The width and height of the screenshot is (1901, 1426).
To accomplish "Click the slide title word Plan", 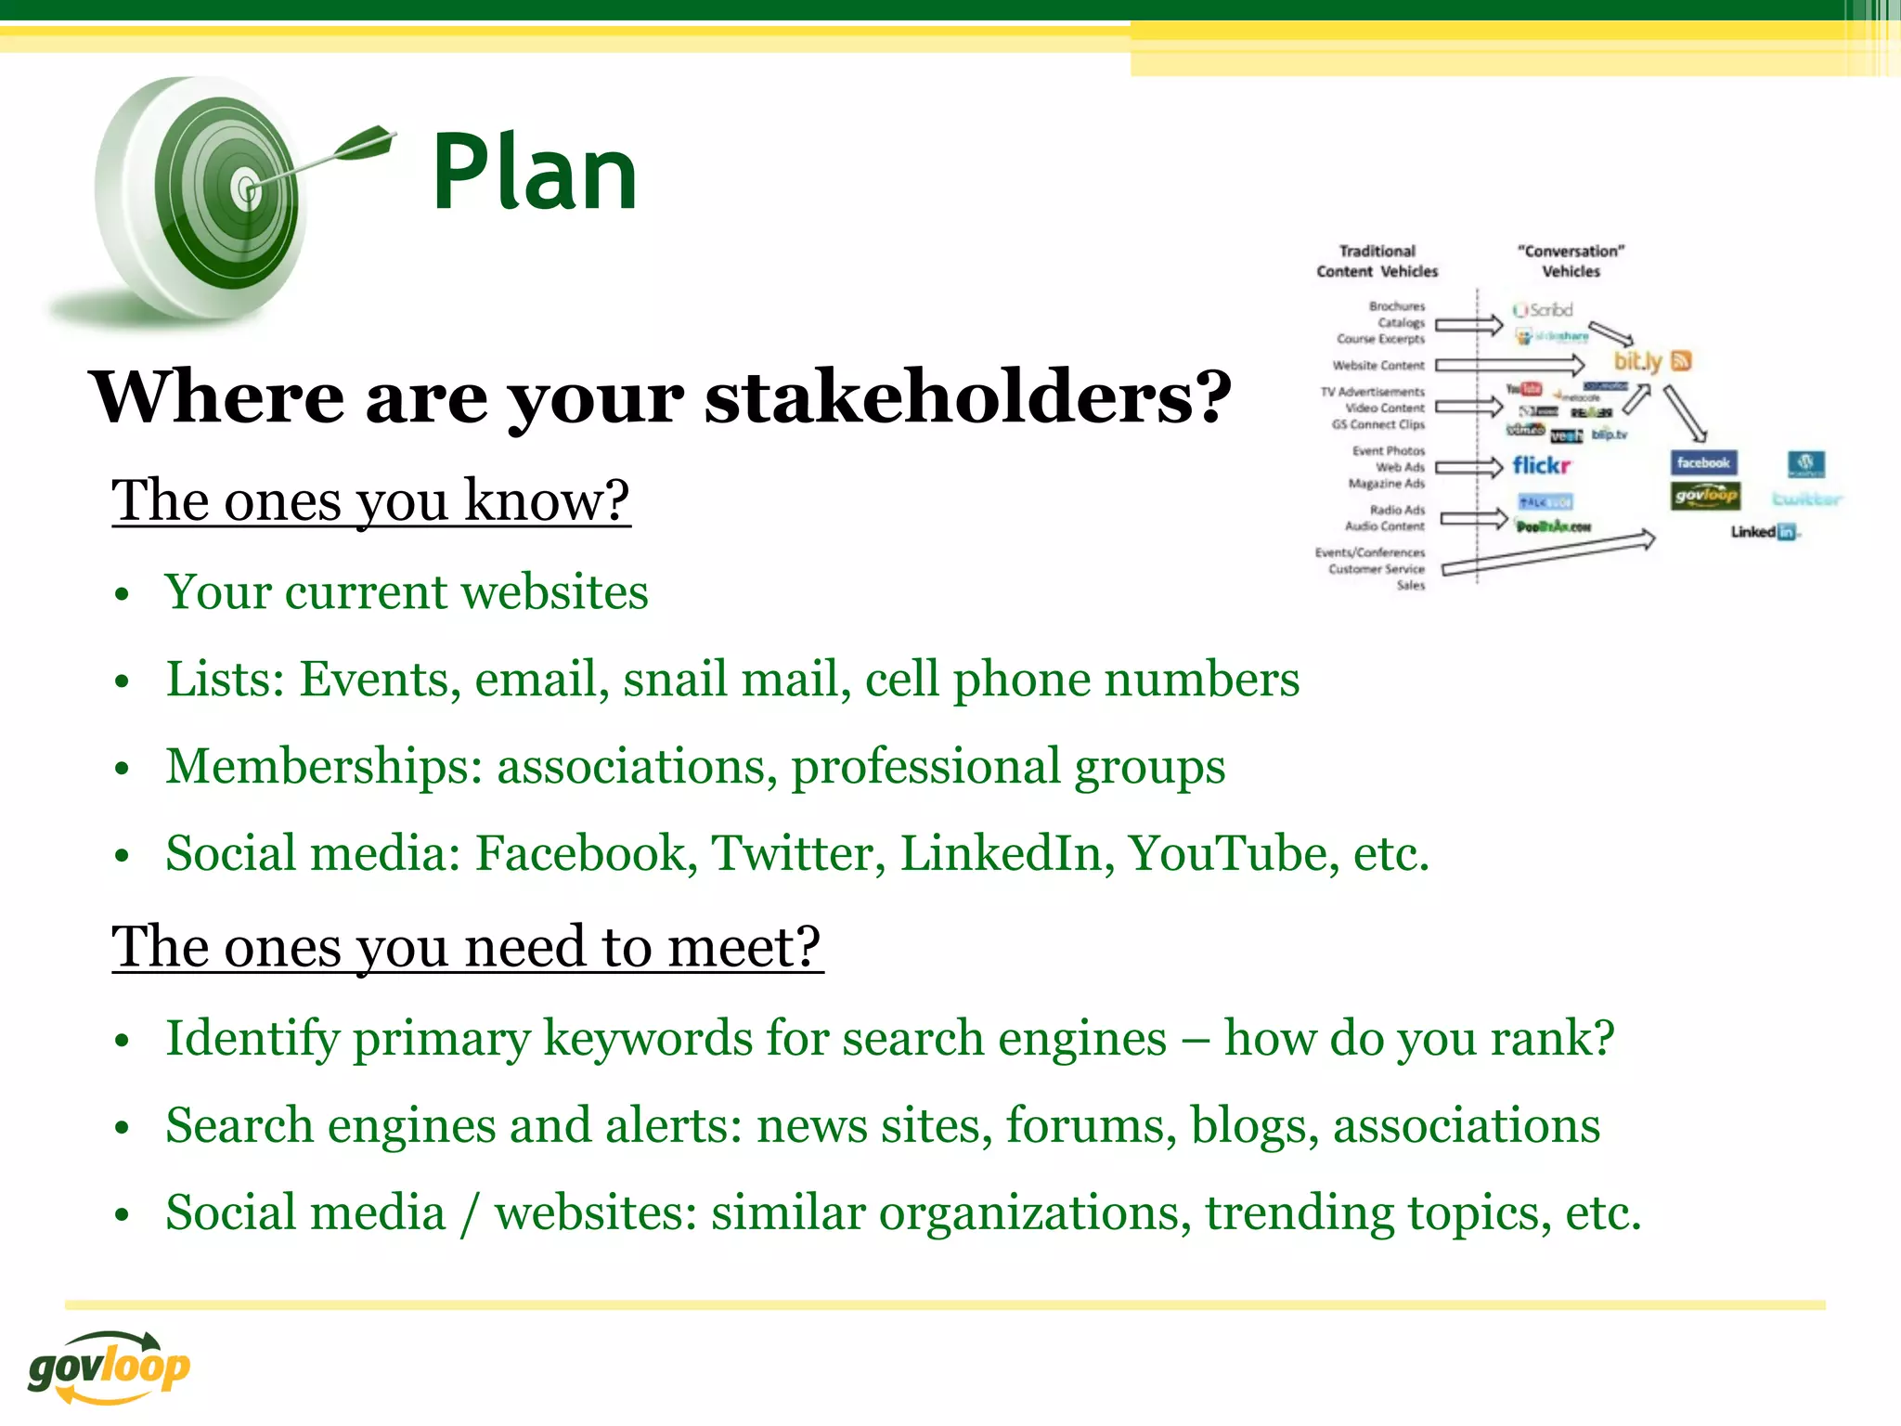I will [535, 173].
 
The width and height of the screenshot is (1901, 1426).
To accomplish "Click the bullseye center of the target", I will [247, 190].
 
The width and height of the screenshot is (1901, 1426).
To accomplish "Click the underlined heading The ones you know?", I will [370, 500].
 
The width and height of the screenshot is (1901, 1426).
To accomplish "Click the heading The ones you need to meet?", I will [467, 947].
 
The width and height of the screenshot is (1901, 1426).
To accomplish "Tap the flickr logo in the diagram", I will [1541, 465].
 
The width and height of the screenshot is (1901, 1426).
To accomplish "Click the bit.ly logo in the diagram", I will [1637, 361].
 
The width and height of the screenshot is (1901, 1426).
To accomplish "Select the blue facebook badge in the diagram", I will [1703, 462].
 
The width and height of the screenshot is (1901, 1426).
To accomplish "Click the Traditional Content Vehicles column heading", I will [1377, 261].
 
